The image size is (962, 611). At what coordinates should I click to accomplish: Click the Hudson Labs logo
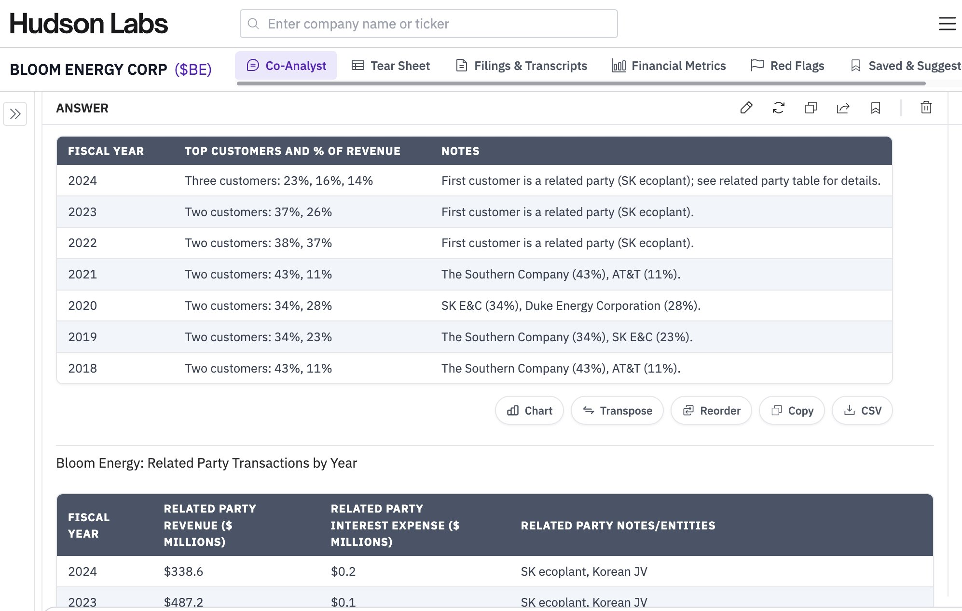point(89,24)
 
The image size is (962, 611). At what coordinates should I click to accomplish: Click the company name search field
point(428,24)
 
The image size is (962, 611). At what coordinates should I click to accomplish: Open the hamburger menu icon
point(947,24)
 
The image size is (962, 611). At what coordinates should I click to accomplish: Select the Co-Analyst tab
point(286,66)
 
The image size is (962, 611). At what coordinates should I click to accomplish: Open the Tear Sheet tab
point(391,66)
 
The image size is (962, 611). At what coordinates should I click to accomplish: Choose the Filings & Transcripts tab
point(522,66)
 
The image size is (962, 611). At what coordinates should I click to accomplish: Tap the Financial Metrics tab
point(669,66)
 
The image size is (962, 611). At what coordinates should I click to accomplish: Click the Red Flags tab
point(788,66)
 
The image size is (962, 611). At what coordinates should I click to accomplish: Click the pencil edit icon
point(746,108)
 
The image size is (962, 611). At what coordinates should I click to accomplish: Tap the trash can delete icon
point(926,108)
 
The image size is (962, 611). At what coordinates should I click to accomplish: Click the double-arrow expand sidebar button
point(15,114)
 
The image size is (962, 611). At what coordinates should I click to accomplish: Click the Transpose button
point(617,411)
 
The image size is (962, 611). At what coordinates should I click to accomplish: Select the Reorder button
point(711,411)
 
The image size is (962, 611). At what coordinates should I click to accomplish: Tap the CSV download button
point(862,411)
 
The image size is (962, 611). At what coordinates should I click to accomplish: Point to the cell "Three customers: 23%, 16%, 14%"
point(279,181)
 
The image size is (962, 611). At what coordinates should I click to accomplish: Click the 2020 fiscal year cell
point(82,305)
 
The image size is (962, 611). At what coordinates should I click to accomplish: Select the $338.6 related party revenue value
point(183,571)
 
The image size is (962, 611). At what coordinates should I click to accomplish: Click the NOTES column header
point(460,151)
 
